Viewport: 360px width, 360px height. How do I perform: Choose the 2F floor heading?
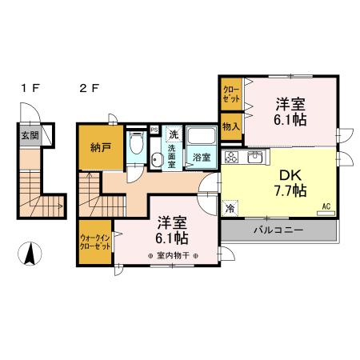point(89,88)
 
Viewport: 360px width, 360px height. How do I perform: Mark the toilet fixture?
point(136,145)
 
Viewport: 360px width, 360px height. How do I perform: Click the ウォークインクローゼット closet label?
point(95,242)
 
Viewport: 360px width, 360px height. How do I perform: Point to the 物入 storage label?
point(231,126)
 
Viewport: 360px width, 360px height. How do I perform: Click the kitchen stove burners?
point(232,155)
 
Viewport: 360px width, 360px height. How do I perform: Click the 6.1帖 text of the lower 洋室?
point(172,238)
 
